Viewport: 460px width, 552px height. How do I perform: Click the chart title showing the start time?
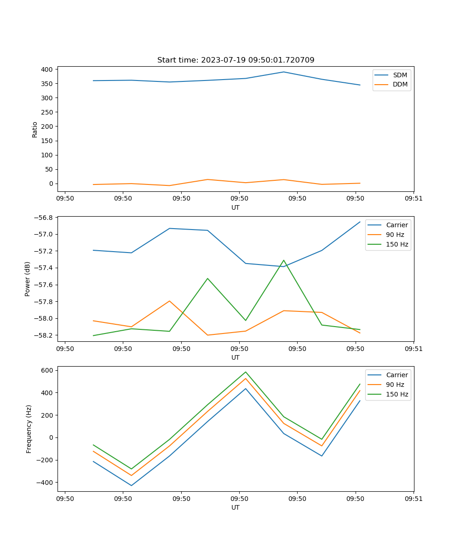pyautogui.click(x=236, y=60)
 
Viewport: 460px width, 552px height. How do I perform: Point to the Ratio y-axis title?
pyautogui.click(x=35, y=130)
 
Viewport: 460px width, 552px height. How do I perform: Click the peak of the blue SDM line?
pyautogui.click(x=284, y=72)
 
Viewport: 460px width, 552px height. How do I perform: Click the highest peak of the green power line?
pyautogui.click(x=284, y=260)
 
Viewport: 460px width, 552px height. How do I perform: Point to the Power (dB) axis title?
pyautogui.click(x=28, y=279)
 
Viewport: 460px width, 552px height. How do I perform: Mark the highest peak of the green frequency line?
pyautogui.click(x=246, y=372)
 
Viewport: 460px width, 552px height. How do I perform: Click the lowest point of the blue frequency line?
pyautogui.click(x=132, y=485)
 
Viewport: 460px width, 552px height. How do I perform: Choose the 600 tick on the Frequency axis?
pyautogui.click(x=48, y=370)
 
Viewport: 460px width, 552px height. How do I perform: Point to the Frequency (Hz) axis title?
pyautogui.click(x=29, y=429)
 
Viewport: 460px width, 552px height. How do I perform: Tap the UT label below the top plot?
pyautogui.click(x=236, y=207)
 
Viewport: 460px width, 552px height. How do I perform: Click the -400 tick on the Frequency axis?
pyautogui.click(x=46, y=483)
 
